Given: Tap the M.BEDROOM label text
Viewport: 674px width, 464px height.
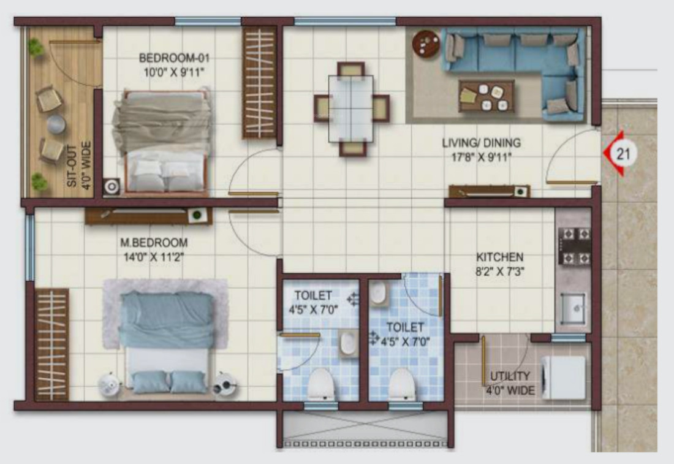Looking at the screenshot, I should point(154,243).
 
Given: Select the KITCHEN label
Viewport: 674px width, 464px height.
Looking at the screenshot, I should point(500,257).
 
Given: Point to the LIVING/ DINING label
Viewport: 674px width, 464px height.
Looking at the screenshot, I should point(481,143).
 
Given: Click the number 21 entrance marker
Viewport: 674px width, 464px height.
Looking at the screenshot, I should point(623,153).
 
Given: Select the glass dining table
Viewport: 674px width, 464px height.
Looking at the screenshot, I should point(350,108).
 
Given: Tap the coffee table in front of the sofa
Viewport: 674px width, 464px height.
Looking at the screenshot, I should point(487,97).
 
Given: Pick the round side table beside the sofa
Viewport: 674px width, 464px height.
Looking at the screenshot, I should point(426,44).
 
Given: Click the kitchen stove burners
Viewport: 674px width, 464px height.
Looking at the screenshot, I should point(574,245).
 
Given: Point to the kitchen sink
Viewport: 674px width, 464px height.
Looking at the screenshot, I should point(574,306).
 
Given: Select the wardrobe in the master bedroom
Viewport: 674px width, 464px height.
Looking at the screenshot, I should point(51,344).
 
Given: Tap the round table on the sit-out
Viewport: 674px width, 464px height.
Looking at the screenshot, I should point(56,124).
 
